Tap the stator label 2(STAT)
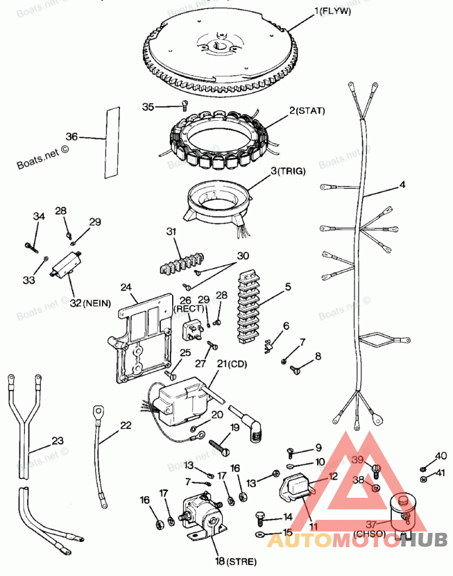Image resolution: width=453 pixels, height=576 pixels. click(307, 111)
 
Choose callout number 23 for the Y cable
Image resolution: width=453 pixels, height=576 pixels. click(58, 440)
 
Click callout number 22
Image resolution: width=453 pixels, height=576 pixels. click(126, 425)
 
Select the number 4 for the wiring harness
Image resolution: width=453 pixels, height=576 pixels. click(402, 184)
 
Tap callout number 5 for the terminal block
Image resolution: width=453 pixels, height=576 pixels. click(288, 287)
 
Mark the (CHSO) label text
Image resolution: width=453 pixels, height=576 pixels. click(369, 533)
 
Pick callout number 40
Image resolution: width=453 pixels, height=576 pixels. click(441, 455)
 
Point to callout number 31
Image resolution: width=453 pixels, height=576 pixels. click(171, 231)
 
